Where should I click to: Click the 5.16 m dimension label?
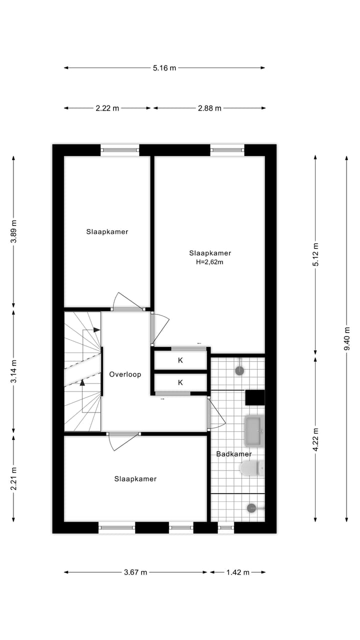coord(164,68)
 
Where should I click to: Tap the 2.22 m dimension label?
coord(107,108)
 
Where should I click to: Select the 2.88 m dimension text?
coord(209,108)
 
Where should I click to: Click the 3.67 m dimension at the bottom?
coord(135,572)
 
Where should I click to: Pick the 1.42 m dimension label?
coord(238,572)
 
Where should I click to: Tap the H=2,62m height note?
coord(209,261)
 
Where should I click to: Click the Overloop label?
coord(125,374)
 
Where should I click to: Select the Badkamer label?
coord(233,454)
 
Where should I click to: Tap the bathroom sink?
coord(253,431)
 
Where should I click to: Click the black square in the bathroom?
coord(254,397)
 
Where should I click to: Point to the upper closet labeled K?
coord(180,360)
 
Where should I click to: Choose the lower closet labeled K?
coord(180,382)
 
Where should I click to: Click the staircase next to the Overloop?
coord(82,371)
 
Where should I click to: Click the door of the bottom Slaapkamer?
coord(122,441)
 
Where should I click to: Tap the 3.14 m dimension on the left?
coord(14,371)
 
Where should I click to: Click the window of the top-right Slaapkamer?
coord(227,148)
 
